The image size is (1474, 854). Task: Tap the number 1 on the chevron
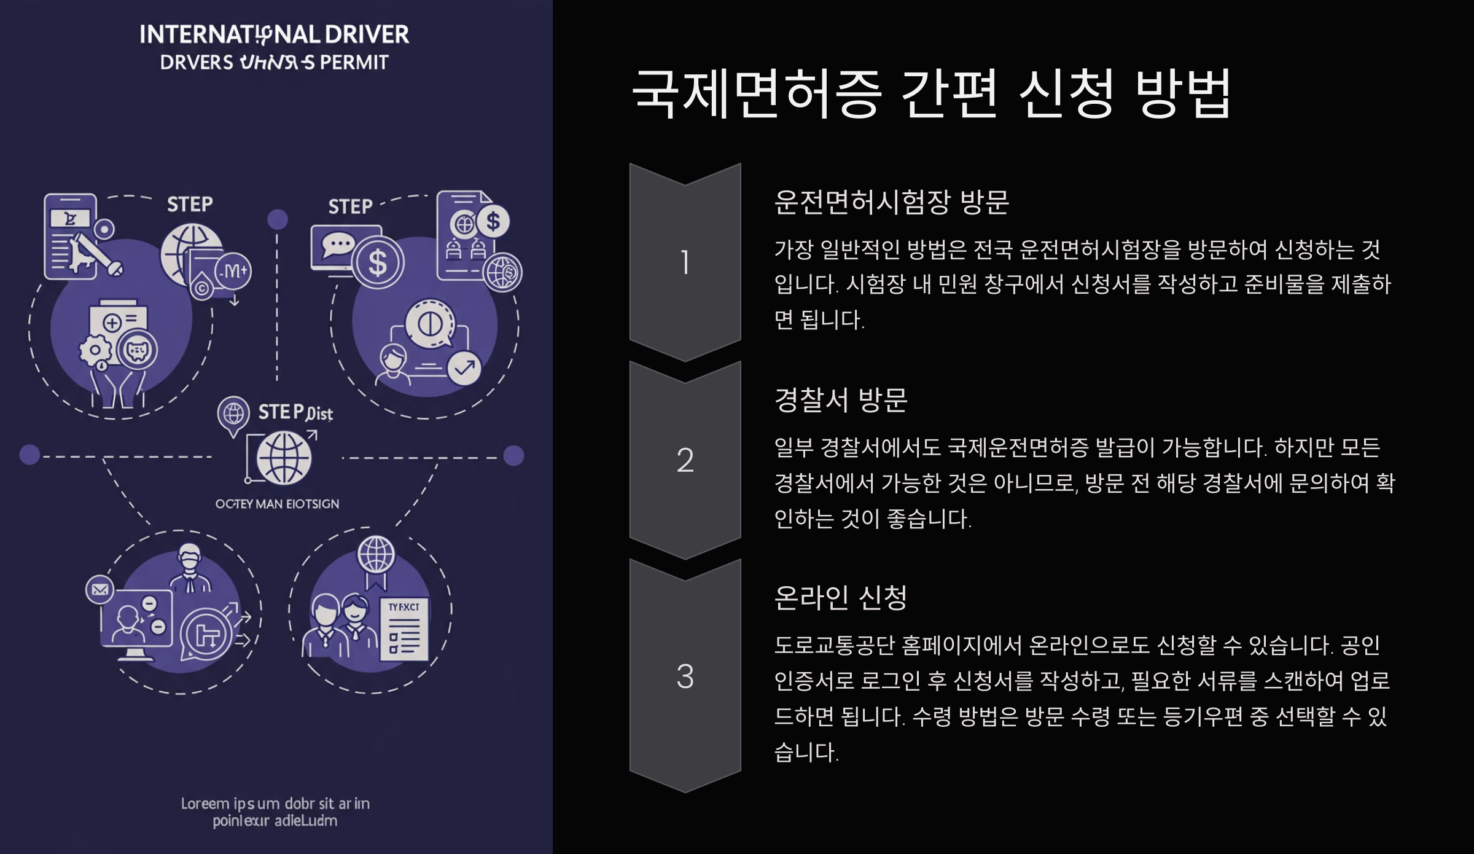pos(685,262)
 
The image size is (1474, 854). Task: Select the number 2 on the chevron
pos(685,460)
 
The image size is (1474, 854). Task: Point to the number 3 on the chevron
pos(685,676)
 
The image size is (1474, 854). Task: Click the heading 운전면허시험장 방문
pos(891,202)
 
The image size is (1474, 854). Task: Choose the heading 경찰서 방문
pos(840,400)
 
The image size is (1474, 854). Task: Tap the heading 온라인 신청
pos(840,597)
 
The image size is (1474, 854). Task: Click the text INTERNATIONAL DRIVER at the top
pos(274,35)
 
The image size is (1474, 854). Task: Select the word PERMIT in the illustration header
pos(354,63)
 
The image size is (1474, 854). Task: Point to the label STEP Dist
pos(295,412)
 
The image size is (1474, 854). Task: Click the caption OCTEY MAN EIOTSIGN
pos(277,504)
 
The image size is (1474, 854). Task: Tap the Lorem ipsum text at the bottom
pos(275,812)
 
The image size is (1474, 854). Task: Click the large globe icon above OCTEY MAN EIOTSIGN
pos(284,458)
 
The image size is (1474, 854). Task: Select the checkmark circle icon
pos(464,368)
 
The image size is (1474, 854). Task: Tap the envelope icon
pos(99,590)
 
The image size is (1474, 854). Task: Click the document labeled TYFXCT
pos(404,629)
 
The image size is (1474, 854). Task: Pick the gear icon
pos(95,351)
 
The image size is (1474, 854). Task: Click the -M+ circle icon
pos(233,271)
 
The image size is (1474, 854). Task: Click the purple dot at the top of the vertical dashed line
pos(278,219)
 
